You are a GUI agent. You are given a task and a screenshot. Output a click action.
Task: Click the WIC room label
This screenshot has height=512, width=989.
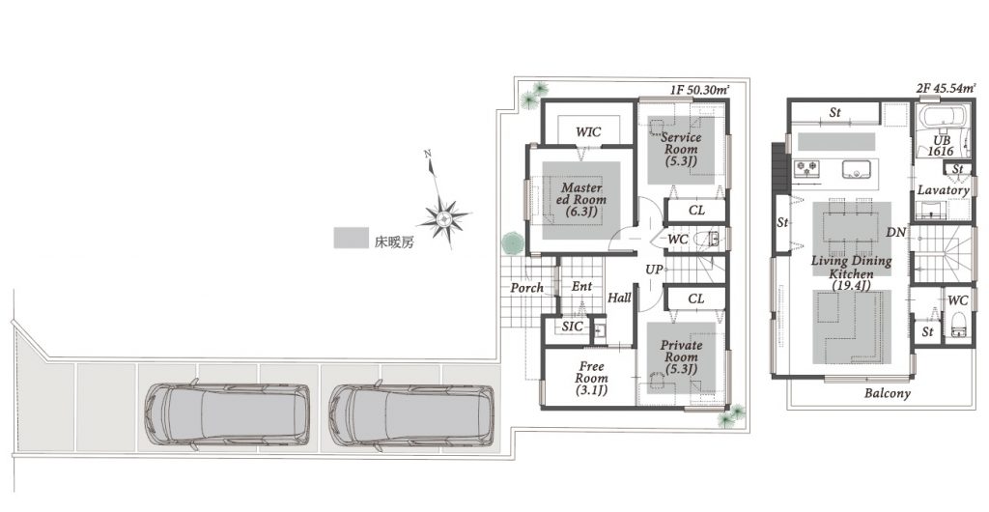588,132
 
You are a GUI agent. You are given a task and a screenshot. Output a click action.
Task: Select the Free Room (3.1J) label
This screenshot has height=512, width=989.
591,379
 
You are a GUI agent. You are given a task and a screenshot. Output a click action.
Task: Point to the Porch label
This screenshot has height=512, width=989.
526,288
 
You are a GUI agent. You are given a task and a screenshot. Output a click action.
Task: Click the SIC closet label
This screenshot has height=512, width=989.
572,327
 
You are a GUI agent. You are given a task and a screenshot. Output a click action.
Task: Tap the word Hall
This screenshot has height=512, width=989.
619,298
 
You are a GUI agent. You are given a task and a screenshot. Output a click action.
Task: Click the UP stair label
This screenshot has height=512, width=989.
654,270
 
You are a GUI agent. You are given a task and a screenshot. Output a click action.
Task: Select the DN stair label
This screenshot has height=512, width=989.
895,233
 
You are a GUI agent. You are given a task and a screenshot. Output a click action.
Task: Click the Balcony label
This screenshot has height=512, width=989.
888,393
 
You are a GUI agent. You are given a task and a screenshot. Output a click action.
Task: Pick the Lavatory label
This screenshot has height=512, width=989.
943,189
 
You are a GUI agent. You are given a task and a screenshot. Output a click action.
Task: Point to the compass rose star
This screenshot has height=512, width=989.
444,217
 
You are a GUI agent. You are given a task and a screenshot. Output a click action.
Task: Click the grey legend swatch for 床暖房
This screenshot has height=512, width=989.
351,238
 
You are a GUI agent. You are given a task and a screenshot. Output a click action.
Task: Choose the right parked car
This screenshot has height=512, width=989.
411,416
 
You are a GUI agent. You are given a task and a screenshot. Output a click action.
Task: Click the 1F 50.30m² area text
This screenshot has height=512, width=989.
699,90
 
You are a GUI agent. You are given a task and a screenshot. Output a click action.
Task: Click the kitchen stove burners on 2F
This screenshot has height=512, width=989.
806,168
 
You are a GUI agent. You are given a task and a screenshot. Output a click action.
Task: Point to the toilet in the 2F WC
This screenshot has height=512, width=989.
958,323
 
